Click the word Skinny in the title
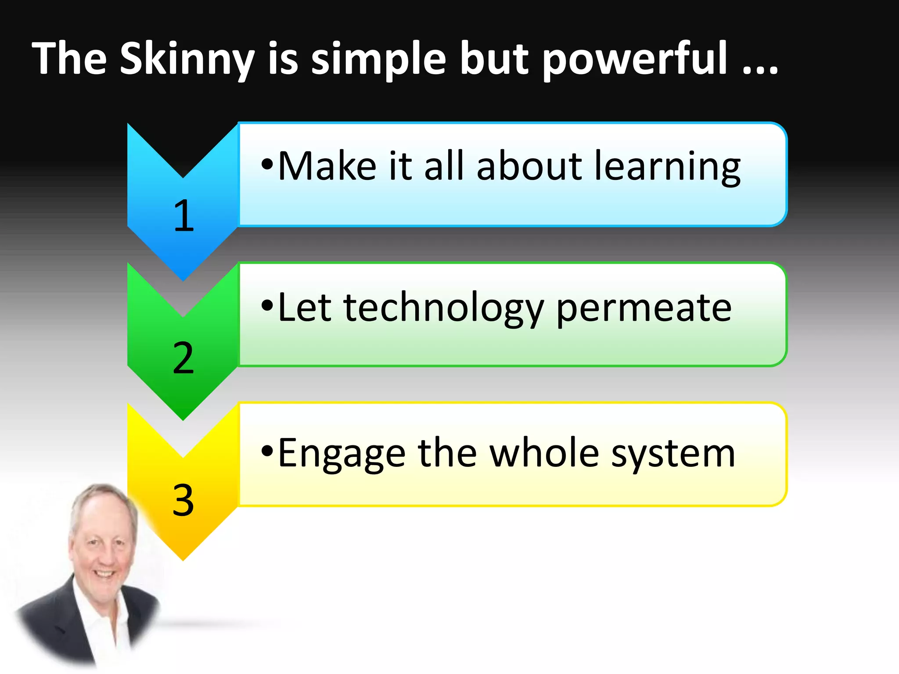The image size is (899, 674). click(x=187, y=59)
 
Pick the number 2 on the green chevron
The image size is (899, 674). click(x=183, y=358)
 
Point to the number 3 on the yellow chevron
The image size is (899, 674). click(x=183, y=500)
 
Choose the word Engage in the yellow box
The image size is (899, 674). click(x=342, y=455)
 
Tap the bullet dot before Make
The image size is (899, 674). click(x=267, y=165)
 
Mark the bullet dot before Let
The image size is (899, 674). click(x=267, y=305)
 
